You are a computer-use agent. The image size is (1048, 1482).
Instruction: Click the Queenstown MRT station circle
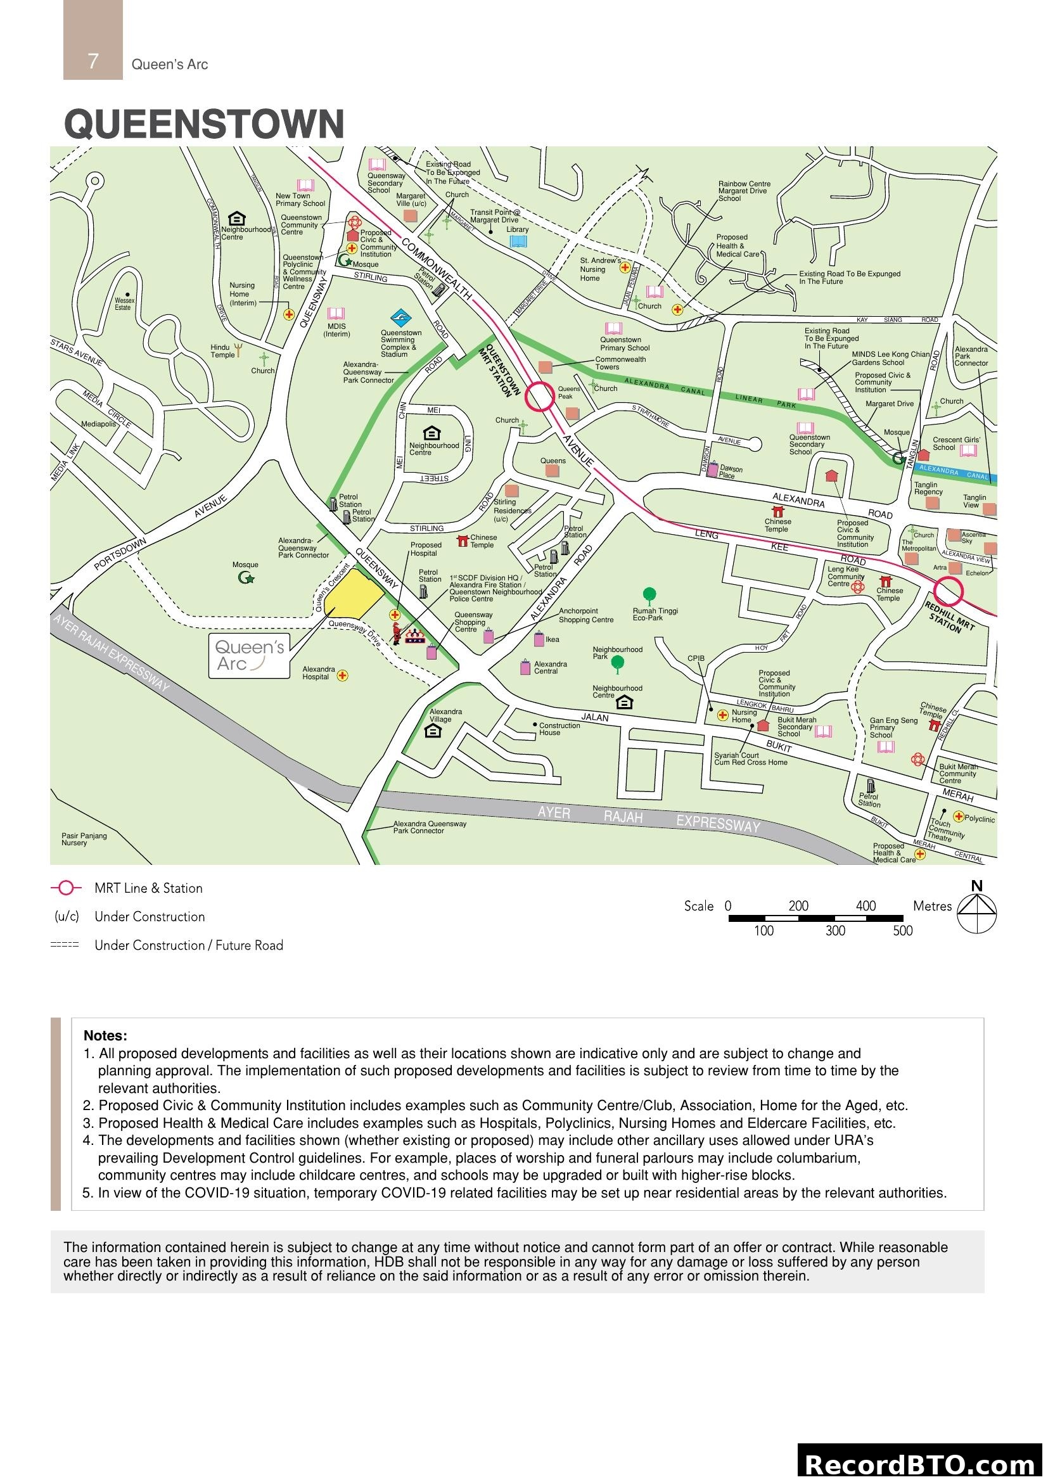coord(539,396)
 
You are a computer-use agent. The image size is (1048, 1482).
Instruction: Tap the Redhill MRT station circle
coord(948,591)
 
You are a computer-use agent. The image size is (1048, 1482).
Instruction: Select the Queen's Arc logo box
coord(249,655)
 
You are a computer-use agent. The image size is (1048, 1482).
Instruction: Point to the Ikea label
coord(553,640)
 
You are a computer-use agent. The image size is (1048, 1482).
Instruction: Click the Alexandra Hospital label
coord(319,674)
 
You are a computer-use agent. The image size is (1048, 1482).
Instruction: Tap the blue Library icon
coord(518,241)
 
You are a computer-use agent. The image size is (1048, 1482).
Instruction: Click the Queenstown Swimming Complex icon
coord(400,317)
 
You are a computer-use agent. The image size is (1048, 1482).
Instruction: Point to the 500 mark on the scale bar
coord(902,930)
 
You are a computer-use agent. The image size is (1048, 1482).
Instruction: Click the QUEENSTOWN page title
coord(204,124)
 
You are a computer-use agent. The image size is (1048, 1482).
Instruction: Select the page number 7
coord(93,61)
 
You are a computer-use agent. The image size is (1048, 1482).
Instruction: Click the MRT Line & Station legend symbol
coord(66,888)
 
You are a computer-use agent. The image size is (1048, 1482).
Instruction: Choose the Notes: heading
coord(105,1035)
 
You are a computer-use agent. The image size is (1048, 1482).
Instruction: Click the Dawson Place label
coord(731,472)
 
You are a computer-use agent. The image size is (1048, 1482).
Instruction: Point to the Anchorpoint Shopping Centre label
coord(586,615)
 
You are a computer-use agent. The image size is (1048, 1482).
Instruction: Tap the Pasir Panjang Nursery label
coord(84,839)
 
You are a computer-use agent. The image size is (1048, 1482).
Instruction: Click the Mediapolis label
coord(98,424)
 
